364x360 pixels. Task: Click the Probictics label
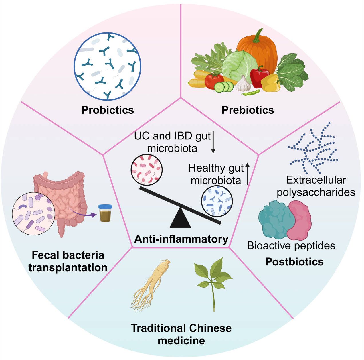click(x=108, y=110)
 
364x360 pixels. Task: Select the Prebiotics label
click(x=248, y=110)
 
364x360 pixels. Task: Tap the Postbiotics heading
click(x=294, y=261)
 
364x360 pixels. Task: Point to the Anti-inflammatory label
click(x=181, y=239)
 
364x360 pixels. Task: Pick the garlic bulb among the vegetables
click(x=243, y=83)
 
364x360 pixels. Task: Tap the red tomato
click(x=214, y=80)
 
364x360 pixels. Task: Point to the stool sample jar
click(x=105, y=213)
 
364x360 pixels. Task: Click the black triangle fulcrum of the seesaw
click(x=180, y=219)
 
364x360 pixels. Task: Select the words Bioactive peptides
click(x=291, y=245)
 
